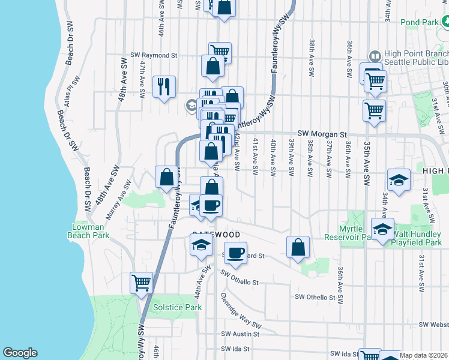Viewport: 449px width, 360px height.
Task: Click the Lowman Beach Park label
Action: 90,231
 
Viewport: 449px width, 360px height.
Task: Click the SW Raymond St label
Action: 155,55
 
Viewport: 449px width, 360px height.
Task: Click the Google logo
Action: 20,353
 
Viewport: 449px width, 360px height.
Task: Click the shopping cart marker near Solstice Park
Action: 142,281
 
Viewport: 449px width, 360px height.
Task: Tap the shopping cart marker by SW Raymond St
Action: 220,52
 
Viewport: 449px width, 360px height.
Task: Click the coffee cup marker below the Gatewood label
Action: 236,252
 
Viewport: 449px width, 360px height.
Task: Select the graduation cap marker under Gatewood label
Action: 201,244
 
